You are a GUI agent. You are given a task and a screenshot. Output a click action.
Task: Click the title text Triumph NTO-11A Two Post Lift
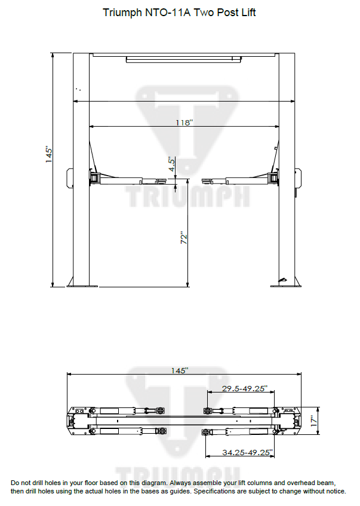coord(179,13)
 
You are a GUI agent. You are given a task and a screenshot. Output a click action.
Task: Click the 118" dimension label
coord(184,122)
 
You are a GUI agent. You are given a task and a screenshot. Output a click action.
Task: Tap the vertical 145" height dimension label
coord(50,155)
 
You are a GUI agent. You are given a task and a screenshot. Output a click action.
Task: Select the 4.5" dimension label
coord(171,165)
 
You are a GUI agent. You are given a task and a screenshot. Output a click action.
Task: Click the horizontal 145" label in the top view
coord(179,370)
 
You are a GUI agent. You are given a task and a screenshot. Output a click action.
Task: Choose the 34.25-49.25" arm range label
coord(247,452)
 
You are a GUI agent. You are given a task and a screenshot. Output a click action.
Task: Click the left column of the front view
coord(81,167)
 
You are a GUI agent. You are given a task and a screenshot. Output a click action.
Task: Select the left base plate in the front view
coord(82,285)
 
